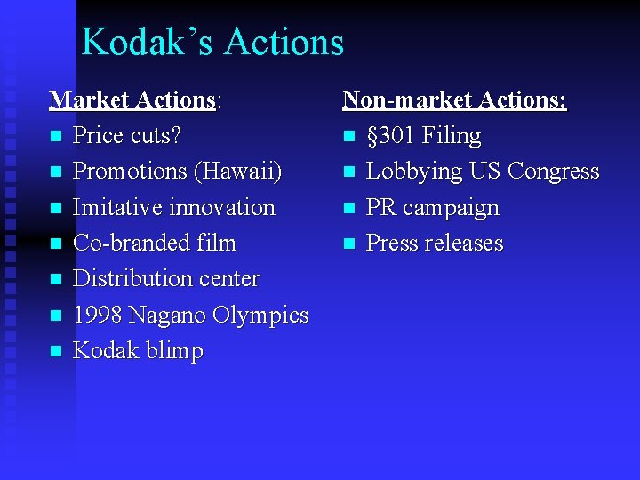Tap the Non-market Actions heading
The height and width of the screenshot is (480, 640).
click(454, 100)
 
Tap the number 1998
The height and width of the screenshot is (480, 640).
click(99, 315)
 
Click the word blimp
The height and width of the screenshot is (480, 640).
click(172, 351)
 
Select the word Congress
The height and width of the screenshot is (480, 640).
click(555, 172)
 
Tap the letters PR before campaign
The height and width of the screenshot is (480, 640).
click(381, 207)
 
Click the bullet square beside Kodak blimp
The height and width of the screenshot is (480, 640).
click(56, 351)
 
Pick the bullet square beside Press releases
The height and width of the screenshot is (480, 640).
click(349, 244)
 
